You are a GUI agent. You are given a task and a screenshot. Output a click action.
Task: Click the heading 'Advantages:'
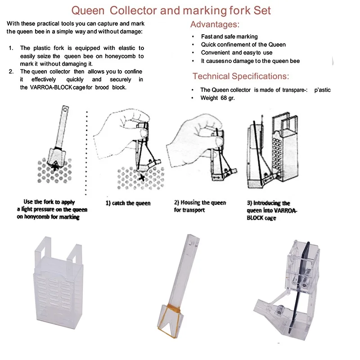click(x=215, y=24)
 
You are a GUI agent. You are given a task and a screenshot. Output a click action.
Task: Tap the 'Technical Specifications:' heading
click(x=240, y=76)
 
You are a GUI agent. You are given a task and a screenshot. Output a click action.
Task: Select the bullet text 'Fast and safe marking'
click(x=229, y=36)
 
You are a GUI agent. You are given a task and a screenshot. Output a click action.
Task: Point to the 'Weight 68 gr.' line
click(x=218, y=98)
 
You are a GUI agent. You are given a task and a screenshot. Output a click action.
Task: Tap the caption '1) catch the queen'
click(x=128, y=203)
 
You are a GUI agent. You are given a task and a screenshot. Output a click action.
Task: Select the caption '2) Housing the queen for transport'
click(x=196, y=206)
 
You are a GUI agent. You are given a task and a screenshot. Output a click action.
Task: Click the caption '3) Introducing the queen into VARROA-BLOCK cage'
click(x=269, y=210)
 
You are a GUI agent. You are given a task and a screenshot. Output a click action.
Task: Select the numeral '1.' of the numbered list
click(x=12, y=48)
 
